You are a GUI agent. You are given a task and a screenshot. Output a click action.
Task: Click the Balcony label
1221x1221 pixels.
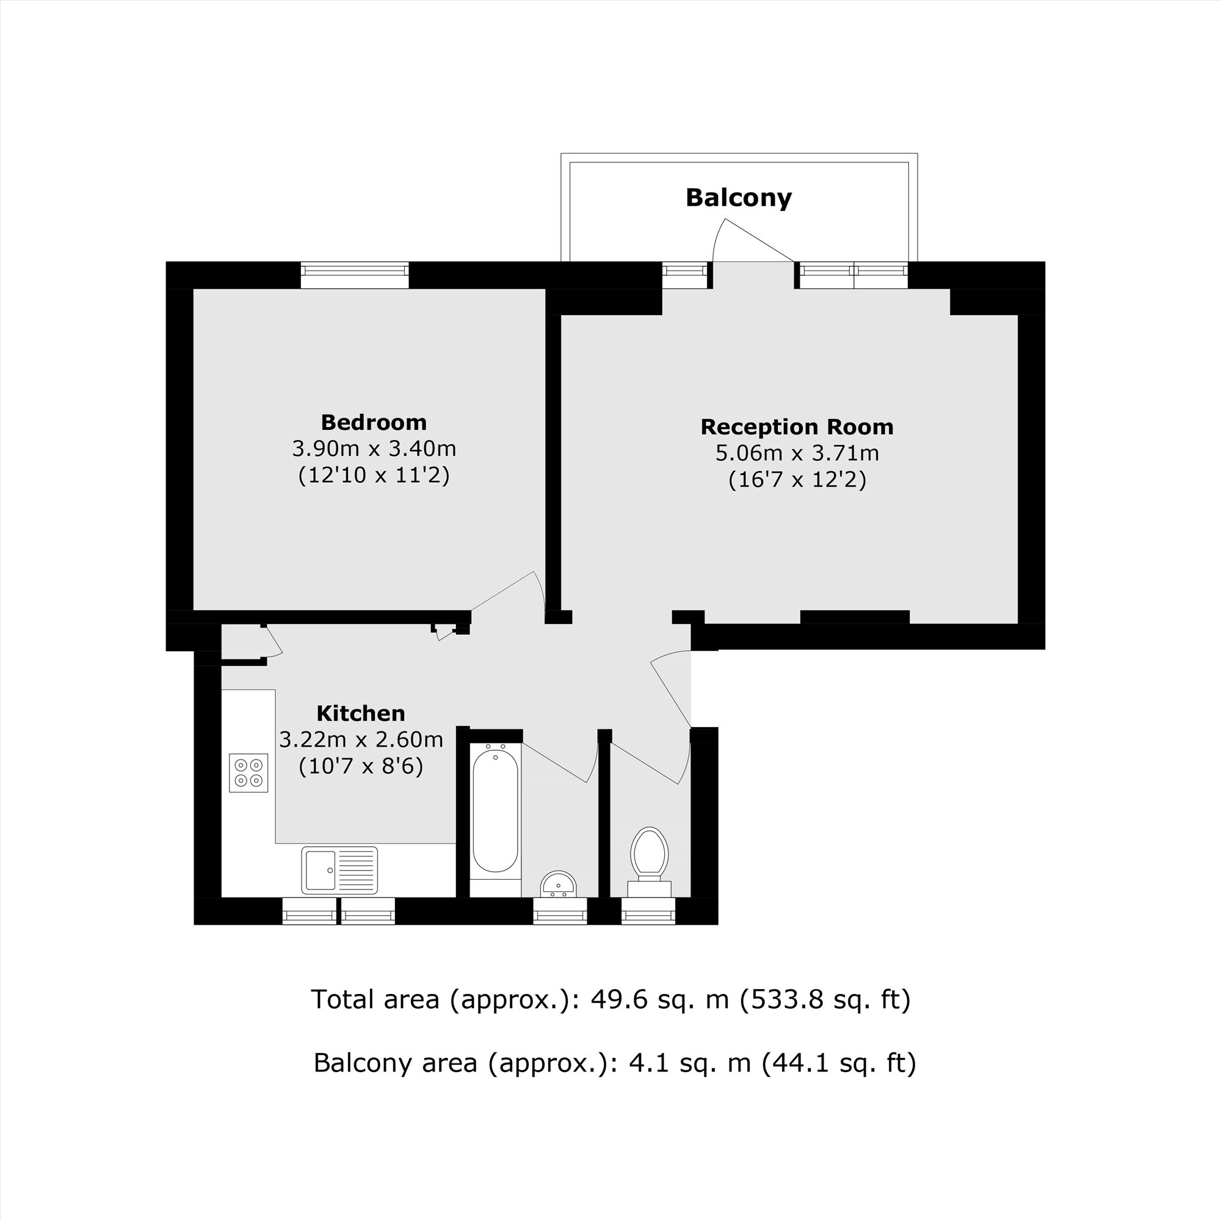(x=738, y=198)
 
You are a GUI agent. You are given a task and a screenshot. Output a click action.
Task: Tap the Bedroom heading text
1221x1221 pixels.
(x=374, y=422)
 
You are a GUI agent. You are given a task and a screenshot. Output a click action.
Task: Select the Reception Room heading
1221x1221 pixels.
(x=796, y=427)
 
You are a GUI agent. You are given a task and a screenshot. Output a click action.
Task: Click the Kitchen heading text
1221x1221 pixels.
(x=360, y=714)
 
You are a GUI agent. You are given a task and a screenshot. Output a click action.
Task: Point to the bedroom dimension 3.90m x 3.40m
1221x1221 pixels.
(x=374, y=449)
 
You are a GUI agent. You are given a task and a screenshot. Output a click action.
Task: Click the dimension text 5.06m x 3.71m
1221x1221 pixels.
(x=796, y=453)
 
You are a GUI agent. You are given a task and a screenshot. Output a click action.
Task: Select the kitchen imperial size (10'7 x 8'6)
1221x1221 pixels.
(x=360, y=767)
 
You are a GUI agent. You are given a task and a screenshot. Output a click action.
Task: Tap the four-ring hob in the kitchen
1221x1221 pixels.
(x=248, y=773)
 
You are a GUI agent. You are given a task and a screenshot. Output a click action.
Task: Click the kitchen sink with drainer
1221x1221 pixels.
(x=339, y=870)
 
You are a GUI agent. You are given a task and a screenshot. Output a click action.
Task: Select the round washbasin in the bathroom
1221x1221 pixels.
(x=558, y=884)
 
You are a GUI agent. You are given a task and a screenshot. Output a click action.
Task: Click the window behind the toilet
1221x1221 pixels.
(x=648, y=911)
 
